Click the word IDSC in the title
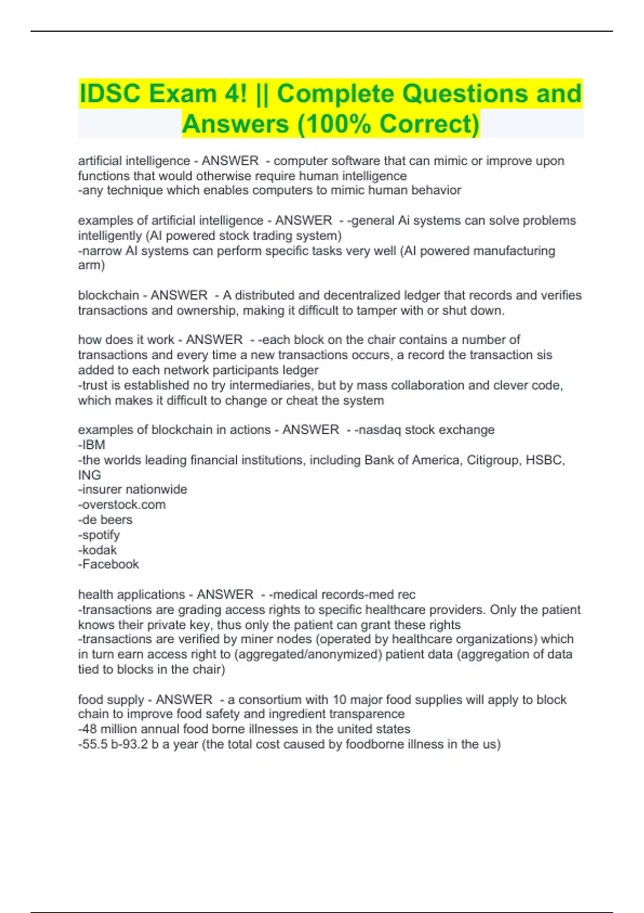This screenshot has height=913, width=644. click(110, 93)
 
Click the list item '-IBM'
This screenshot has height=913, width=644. click(92, 445)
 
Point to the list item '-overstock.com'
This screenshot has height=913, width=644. click(122, 504)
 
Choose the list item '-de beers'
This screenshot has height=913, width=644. click(105, 519)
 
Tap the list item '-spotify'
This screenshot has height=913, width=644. click(99, 535)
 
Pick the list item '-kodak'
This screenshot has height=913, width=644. click(97, 550)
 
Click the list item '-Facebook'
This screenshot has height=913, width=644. click(108, 564)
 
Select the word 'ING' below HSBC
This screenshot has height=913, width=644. click(90, 475)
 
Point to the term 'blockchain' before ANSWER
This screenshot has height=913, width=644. click(108, 295)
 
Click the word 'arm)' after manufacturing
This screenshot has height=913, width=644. click(91, 265)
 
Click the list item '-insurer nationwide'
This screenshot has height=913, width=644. click(133, 489)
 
